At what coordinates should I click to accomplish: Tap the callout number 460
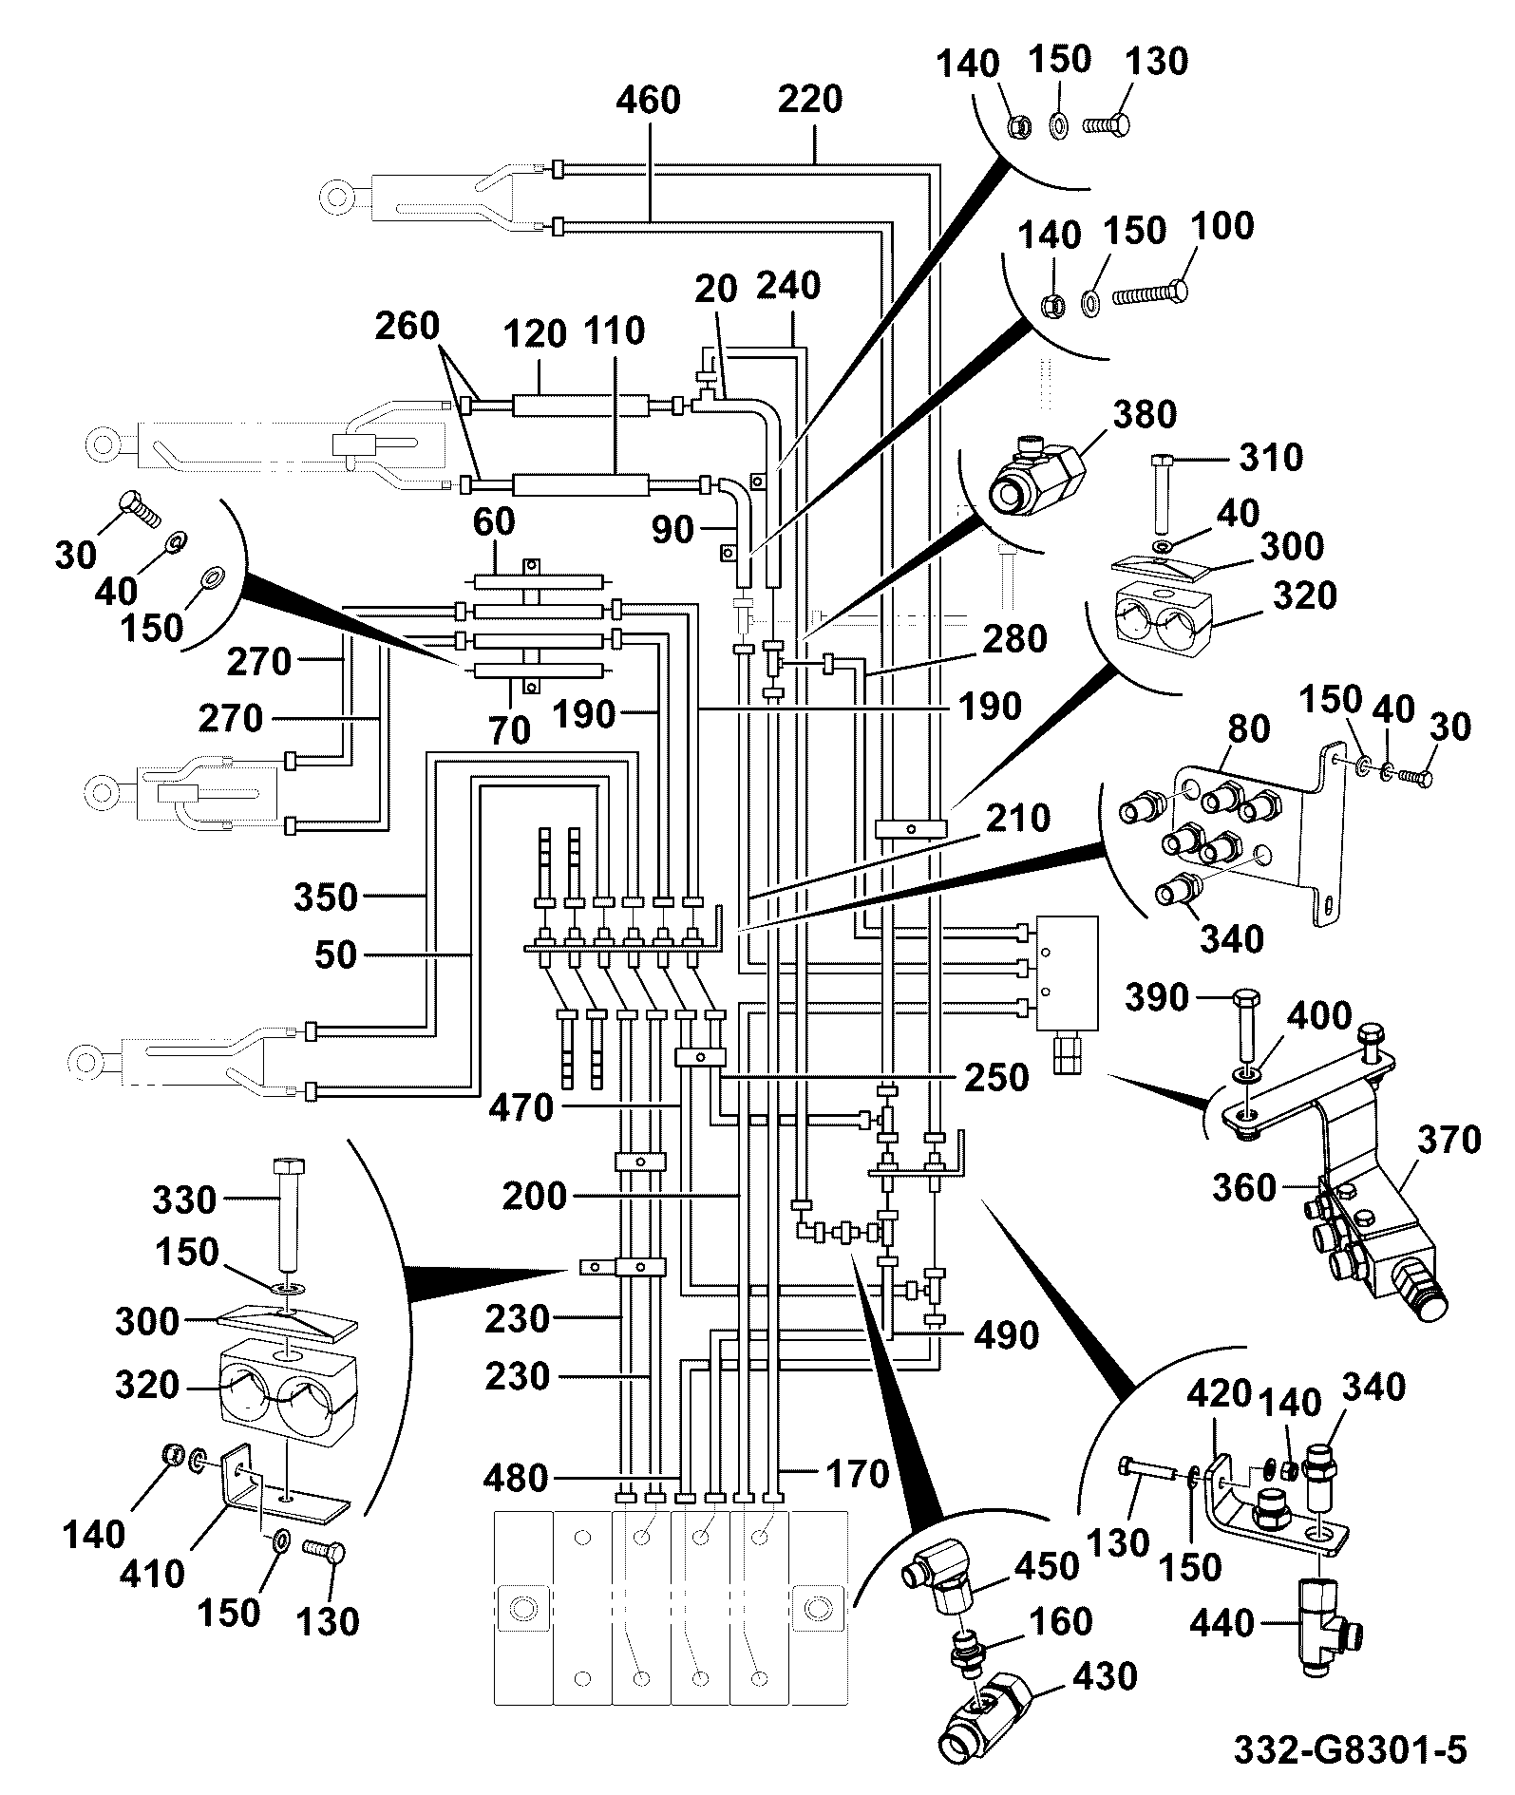648,101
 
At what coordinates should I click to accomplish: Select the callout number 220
810,99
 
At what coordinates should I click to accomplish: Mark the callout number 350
325,897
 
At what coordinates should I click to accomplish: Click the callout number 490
1006,1335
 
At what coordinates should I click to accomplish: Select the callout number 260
407,326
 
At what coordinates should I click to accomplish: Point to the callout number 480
515,1478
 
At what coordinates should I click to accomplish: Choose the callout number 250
996,1077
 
